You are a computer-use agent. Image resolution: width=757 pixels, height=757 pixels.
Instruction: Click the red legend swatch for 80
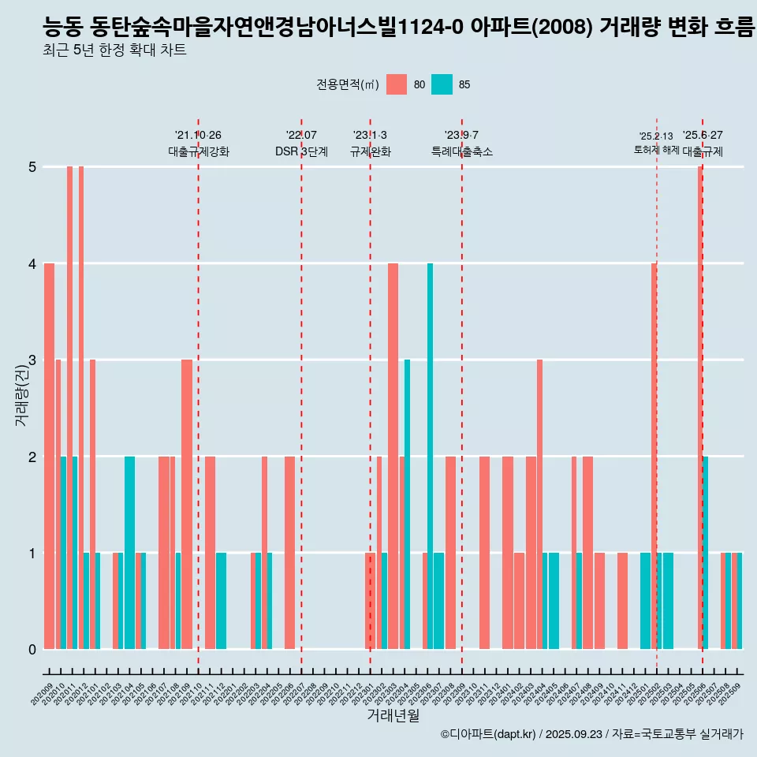[x=397, y=84]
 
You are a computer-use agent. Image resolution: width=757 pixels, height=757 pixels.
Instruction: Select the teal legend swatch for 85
[x=442, y=84]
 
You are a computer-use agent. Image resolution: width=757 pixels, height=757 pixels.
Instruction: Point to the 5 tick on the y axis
[x=32, y=167]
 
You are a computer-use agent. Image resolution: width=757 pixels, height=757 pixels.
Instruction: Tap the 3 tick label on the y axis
[x=32, y=360]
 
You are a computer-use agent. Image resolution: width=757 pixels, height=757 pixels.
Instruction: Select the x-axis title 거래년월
[x=393, y=715]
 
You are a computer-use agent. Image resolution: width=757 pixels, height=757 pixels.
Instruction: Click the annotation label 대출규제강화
[x=198, y=152]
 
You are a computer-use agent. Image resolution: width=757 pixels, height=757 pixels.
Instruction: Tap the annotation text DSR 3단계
[x=301, y=152]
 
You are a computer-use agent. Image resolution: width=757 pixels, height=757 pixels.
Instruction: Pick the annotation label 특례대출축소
[x=461, y=152]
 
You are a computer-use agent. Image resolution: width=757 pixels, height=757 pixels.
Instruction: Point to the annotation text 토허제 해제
[x=656, y=150]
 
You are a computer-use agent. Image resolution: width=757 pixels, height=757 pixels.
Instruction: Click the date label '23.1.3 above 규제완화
[x=370, y=136]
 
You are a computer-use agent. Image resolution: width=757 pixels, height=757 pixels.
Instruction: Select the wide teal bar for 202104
[x=129, y=552]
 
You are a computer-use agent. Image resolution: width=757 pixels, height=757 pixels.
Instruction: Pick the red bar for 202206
[x=289, y=552]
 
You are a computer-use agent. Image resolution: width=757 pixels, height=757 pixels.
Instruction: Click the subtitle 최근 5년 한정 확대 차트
[x=114, y=51]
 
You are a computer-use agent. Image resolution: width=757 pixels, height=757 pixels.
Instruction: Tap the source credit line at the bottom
[x=591, y=734]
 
